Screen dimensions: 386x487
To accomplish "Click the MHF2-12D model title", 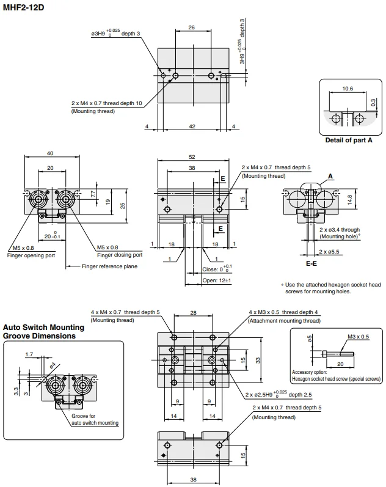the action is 23,7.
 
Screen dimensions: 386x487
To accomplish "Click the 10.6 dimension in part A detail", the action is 348,89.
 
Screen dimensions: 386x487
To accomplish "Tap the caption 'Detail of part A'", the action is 348,140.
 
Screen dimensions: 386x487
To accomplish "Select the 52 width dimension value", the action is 192,157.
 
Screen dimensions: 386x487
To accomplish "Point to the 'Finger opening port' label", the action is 31,255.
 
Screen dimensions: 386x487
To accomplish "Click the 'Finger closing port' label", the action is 120,255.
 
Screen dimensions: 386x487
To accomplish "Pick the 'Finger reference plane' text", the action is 109,266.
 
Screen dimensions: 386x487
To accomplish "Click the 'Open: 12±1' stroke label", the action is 217,280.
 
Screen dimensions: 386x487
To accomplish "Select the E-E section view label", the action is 311,263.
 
